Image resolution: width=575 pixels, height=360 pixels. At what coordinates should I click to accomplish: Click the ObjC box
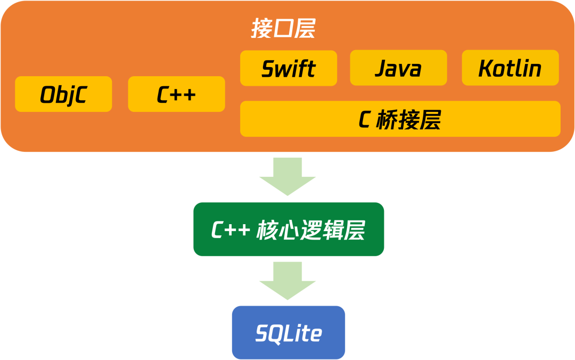coord(63,94)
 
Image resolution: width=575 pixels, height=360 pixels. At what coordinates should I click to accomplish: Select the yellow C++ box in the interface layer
coord(176,94)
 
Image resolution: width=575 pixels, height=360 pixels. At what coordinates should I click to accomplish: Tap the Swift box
coord(289,68)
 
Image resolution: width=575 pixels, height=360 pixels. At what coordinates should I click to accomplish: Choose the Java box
coord(398,68)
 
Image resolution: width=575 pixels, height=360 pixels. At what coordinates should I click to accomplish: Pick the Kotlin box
coord(510,68)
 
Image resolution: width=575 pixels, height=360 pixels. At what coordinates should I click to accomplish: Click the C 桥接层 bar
coord(400,119)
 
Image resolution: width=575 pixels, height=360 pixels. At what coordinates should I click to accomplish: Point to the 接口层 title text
coord(283,30)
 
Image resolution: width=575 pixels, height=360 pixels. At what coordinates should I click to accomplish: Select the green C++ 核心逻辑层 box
coord(288,230)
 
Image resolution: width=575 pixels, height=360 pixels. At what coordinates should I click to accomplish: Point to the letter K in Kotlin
coord(485,69)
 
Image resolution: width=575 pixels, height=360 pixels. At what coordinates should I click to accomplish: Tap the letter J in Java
coord(381,69)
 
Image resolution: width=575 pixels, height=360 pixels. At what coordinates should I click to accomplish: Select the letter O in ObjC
coord(47,95)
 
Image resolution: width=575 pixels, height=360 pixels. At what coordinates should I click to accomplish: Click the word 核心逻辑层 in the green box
coord(311,230)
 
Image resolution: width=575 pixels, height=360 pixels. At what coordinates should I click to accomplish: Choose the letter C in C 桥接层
coord(364,120)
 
